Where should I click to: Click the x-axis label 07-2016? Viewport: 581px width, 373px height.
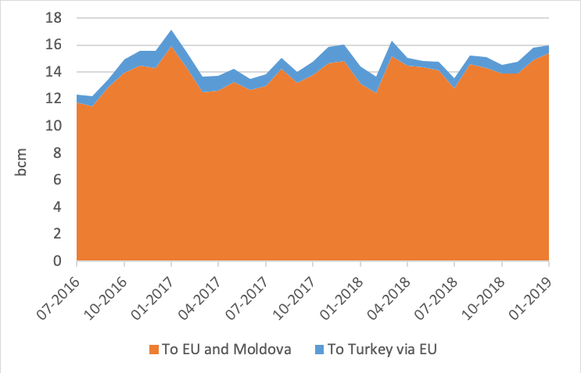60,290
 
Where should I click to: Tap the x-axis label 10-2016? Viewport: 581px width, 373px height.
107,290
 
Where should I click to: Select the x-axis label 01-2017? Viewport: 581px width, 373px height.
154,290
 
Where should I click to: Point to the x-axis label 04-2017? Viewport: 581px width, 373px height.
202,290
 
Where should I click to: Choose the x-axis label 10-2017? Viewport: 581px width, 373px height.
296,290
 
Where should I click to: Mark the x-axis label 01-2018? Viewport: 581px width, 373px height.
343,290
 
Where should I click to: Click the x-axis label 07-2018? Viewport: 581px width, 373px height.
437,290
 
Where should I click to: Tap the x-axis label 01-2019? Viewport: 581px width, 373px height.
532,290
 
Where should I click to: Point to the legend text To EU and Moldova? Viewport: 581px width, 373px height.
224,349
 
